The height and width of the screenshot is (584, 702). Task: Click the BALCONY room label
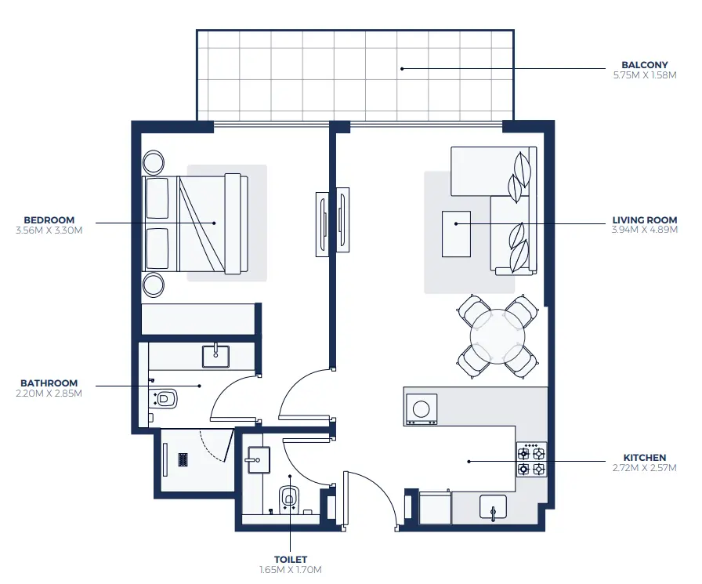coord(644,65)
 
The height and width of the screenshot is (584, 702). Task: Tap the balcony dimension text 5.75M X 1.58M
coord(644,76)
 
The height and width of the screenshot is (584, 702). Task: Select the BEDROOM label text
coord(49,220)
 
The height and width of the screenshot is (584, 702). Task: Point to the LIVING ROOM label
coord(643,220)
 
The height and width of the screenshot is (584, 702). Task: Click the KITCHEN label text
coord(644,458)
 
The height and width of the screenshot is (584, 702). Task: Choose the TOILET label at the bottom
coord(290,560)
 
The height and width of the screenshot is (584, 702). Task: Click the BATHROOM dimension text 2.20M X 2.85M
coord(49,394)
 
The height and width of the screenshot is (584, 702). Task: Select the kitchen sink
coord(493,510)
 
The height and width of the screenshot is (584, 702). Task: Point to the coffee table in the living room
coord(456,234)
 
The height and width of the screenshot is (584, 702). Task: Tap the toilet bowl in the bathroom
coord(165,399)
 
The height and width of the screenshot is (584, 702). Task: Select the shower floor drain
coord(185,459)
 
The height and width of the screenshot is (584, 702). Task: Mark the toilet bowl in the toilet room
coord(289,497)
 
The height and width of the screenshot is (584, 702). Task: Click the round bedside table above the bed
coord(154,162)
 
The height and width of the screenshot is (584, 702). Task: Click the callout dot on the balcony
coord(402,69)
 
